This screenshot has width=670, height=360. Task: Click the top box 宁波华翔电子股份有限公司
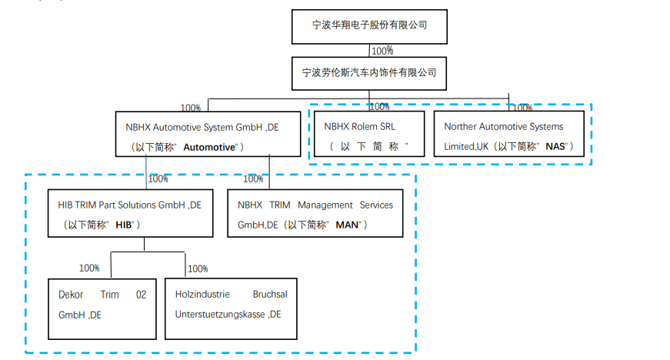[369, 25]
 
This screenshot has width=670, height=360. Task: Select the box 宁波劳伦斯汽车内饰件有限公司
[369, 73]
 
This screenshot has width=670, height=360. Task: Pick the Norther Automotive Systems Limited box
[508, 135]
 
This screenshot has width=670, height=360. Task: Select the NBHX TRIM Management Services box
[315, 213]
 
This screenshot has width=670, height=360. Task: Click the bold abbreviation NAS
[555, 146]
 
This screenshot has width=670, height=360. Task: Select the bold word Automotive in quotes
[210, 147]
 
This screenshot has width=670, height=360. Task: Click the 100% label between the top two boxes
[382, 51]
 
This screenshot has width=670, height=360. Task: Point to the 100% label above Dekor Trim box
[89, 268]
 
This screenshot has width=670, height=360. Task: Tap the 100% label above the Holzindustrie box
[198, 268]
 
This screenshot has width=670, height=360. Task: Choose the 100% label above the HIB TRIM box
[158, 179]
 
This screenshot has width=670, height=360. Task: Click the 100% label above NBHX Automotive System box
[191, 108]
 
